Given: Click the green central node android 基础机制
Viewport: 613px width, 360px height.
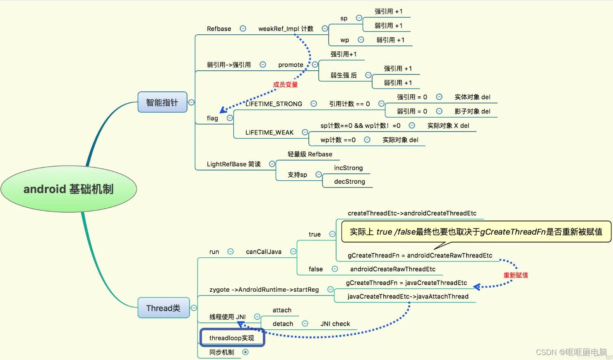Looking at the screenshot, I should tap(69, 189).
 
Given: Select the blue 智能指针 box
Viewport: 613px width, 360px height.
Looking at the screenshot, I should tap(162, 102).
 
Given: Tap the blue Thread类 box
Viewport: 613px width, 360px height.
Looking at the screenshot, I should tap(163, 308).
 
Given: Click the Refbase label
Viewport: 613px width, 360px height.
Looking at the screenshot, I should tap(219, 29).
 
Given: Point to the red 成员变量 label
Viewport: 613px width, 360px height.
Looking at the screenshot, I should tap(285, 84).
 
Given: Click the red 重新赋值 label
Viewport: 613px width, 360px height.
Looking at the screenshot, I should tap(515, 275).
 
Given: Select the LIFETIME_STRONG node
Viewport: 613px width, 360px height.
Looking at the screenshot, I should tap(274, 104).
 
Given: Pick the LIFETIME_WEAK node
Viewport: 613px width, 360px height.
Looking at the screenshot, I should tap(269, 132).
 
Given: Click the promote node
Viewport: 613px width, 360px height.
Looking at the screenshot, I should tap(291, 65).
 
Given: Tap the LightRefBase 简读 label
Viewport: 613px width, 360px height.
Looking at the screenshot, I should tap(234, 164).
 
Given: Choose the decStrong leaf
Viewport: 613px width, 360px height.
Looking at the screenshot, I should tap(349, 182).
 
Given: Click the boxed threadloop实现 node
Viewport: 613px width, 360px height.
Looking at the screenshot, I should tap(232, 338).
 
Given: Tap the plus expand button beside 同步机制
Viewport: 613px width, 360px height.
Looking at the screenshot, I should tap(245, 352).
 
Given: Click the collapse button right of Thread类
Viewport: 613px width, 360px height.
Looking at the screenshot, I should tap(194, 308).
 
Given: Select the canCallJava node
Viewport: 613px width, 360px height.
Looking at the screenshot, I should tap(264, 252).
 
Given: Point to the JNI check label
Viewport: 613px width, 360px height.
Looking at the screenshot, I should tap(335, 324).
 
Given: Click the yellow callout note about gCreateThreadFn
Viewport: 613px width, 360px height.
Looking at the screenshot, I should tap(476, 232).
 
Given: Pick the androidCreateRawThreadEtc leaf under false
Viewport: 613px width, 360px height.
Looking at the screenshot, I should tap(393, 269).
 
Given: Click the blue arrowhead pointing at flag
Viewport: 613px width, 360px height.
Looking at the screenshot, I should tap(223, 110).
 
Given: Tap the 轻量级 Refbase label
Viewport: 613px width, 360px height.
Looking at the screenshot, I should tap(310, 154).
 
